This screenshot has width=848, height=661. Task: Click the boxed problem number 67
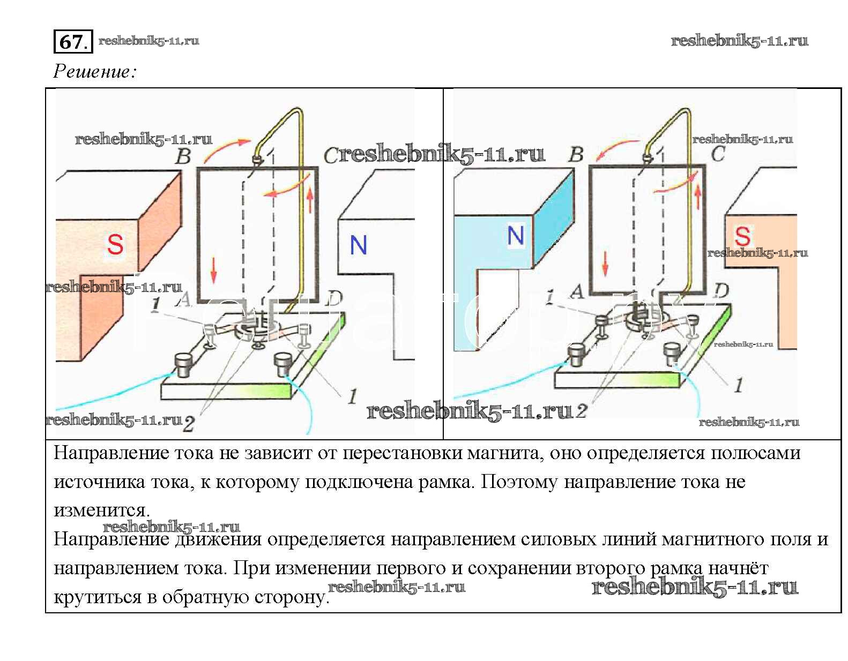click(x=73, y=41)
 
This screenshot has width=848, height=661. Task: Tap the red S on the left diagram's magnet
click(x=115, y=244)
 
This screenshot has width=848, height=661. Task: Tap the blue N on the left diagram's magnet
click(x=358, y=244)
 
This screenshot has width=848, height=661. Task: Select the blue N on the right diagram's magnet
click(x=515, y=235)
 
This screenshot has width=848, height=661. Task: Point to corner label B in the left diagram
click(x=183, y=156)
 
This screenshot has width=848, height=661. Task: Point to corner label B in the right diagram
click(x=576, y=154)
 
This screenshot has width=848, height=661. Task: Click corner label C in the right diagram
click(x=718, y=154)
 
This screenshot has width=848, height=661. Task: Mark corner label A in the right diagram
click(x=578, y=291)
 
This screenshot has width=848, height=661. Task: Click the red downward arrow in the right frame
click(x=605, y=263)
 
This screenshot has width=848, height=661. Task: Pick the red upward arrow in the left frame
click(x=310, y=199)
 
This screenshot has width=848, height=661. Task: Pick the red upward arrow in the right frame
click(x=698, y=197)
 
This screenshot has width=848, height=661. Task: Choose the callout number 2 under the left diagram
click(x=189, y=424)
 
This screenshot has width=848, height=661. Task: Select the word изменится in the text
click(x=101, y=510)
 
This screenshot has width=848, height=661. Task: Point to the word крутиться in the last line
click(x=97, y=597)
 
